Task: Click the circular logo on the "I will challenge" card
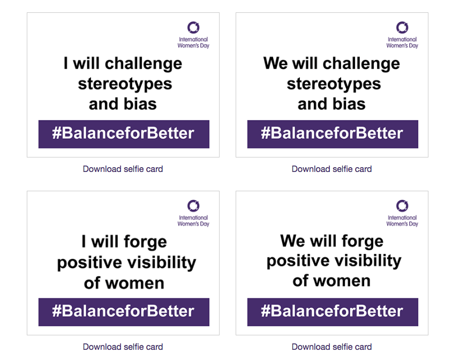point(193,22)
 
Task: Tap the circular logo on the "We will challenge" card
point(402,22)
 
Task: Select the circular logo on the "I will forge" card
point(193,200)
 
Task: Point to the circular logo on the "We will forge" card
point(402,200)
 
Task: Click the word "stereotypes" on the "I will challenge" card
point(125,84)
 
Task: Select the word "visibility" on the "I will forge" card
point(162,262)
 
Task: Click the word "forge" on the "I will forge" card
point(145,242)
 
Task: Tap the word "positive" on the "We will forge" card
point(296,261)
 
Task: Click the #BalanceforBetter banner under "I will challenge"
point(124,134)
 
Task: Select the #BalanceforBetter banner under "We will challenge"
point(333,134)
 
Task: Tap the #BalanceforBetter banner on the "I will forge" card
point(124,312)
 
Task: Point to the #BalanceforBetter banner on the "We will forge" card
point(333,312)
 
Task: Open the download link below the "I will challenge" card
point(123,169)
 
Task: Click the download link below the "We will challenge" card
point(332,169)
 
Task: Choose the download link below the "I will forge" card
point(123,347)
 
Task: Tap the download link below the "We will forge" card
point(332,347)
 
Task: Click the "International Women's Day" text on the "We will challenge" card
point(402,42)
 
